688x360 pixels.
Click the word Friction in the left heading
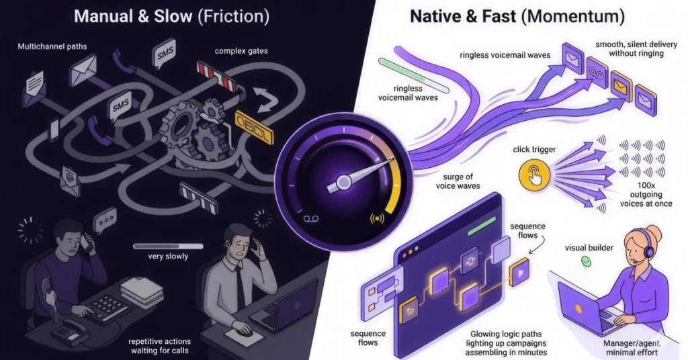[233, 17]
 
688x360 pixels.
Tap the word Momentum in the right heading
[576, 17]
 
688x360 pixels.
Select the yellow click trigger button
[534, 175]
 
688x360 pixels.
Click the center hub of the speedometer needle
[343, 181]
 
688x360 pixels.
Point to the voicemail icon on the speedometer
[310, 218]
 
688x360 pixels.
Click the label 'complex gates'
[241, 51]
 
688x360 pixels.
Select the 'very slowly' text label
[168, 256]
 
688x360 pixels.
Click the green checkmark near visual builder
[586, 262]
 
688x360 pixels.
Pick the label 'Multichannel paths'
[52, 46]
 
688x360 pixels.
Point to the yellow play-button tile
[519, 272]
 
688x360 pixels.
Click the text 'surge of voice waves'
[458, 181]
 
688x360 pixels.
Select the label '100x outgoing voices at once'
[646, 195]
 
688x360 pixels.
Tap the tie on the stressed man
[240, 287]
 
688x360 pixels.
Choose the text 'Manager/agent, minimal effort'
[632, 348]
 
